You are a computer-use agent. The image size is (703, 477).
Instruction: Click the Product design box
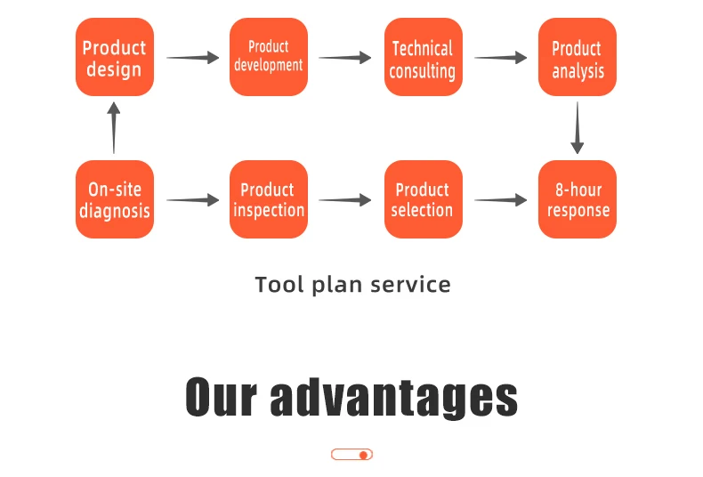(x=114, y=57)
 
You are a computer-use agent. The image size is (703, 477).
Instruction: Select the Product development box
(x=269, y=57)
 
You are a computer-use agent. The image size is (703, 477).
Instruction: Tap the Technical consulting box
(x=423, y=57)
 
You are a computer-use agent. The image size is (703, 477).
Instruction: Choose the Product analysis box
(x=578, y=57)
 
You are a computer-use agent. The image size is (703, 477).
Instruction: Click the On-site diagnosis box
(x=114, y=199)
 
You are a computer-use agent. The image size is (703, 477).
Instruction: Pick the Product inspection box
(x=269, y=199)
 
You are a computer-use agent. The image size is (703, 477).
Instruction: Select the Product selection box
(x=423, y=199)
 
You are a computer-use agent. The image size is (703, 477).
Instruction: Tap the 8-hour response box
(x=578, y=199)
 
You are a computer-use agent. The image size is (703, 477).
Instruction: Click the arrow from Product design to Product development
(x=192, y=58)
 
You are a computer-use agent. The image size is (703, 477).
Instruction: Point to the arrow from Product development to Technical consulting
(x=345, y=58)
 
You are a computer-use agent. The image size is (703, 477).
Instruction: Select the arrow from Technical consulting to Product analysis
(x=500, y=58)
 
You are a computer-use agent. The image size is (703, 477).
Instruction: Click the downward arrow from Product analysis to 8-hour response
(x=578, y=127)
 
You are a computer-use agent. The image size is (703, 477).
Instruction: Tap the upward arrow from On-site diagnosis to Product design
(x=113, y=127)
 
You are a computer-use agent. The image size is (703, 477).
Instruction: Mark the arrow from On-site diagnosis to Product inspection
(x=192, y=200)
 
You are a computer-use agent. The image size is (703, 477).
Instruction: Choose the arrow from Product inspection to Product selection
(x=345, y=200)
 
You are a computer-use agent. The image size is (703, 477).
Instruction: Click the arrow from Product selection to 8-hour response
(x=500, y=200)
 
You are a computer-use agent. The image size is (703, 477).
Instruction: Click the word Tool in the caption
(x=278, y=285)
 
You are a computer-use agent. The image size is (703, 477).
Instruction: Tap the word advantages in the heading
(x=393, y=397)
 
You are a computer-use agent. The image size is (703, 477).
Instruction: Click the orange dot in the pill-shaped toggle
(x=363, y=455)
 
